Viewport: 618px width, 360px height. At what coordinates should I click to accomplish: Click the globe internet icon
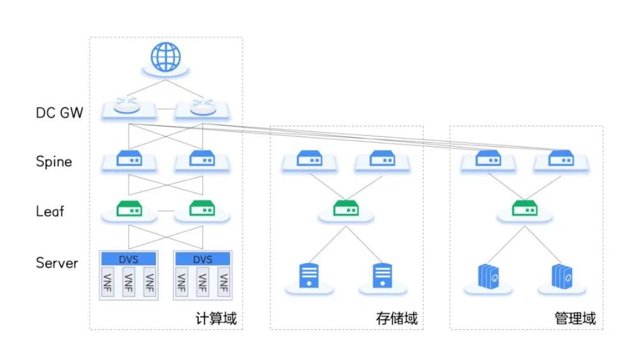pos(165,57)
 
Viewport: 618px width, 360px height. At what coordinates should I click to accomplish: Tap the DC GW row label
pos(61,114)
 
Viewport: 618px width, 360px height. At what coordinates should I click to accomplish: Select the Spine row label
pos(54,161)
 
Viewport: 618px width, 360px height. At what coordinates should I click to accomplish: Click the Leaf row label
pos(50,211)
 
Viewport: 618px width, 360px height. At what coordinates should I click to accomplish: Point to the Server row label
pos(57,263)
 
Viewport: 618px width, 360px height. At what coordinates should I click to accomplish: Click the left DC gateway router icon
pos(129,107)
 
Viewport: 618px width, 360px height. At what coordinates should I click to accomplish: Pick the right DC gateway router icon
pos(202,107)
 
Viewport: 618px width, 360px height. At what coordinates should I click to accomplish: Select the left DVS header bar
pos(129,259)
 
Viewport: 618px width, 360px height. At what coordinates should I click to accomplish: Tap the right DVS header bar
pos(202,259)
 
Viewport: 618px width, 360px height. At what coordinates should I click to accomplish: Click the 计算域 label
pos(216,318)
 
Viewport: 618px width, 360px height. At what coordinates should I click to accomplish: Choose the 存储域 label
pos(397,318)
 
